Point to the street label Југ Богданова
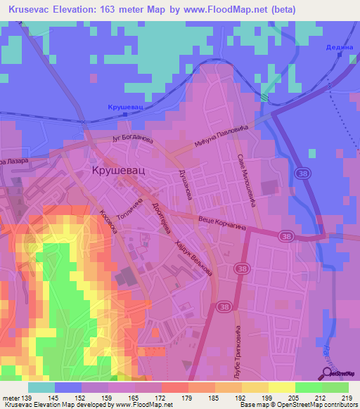(133, 139)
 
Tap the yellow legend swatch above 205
(281, 387)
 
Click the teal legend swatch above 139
(41, 387)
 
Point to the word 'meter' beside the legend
(10, 398)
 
